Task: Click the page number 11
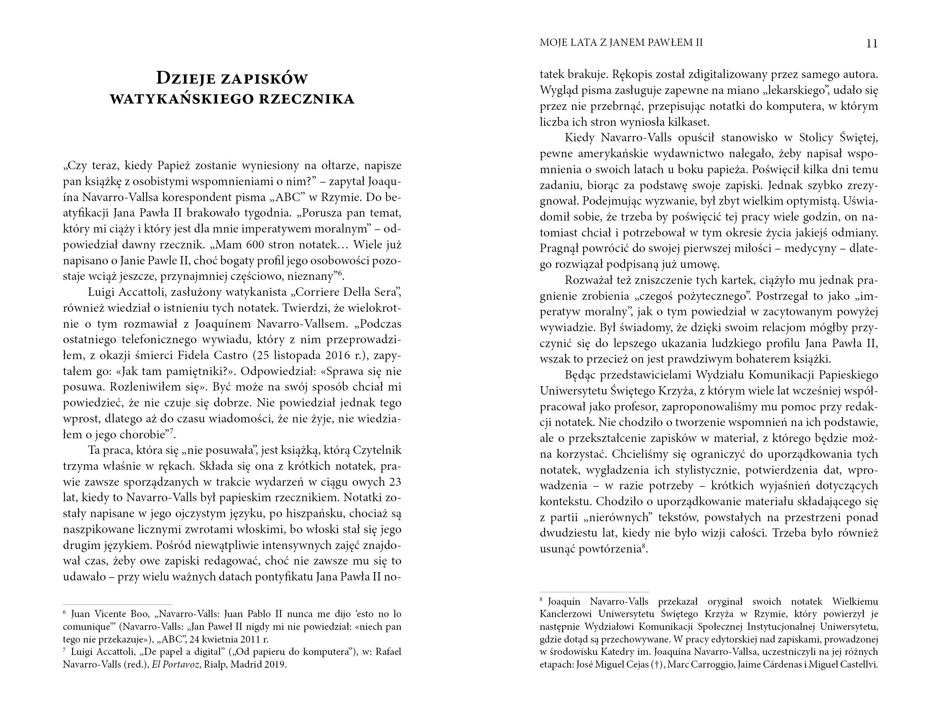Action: tap(871, 44)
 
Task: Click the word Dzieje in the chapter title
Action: tap(186, 78)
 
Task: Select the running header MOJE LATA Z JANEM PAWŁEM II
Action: tap(621, 43)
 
